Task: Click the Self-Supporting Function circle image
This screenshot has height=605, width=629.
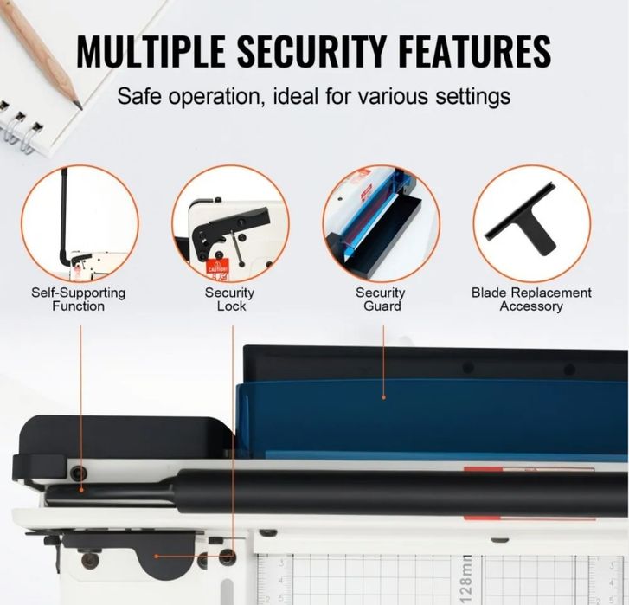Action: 80,223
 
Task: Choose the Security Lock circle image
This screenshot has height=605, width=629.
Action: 230,223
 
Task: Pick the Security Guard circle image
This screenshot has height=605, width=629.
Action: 381,223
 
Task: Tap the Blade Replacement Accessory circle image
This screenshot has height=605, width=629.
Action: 531,223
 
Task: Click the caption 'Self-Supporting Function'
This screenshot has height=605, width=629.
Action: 80,299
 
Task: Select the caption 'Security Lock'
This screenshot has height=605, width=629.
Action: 230,299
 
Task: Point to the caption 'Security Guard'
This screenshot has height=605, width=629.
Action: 381,299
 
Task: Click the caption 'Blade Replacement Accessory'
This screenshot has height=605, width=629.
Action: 531,299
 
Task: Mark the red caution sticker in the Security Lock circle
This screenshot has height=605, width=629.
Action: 218,268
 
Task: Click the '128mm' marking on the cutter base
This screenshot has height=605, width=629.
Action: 467,576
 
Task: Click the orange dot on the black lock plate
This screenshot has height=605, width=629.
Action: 157,557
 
